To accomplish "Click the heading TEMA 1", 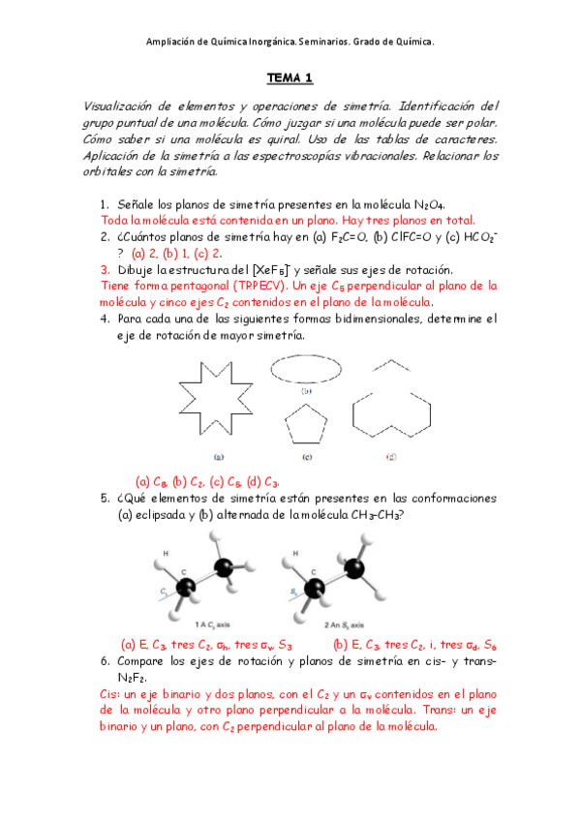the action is click(x=290, y=77).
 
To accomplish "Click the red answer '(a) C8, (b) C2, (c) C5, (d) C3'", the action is click(x=208, y=481).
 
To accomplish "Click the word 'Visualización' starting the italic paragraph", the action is click(x=120, y=106).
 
